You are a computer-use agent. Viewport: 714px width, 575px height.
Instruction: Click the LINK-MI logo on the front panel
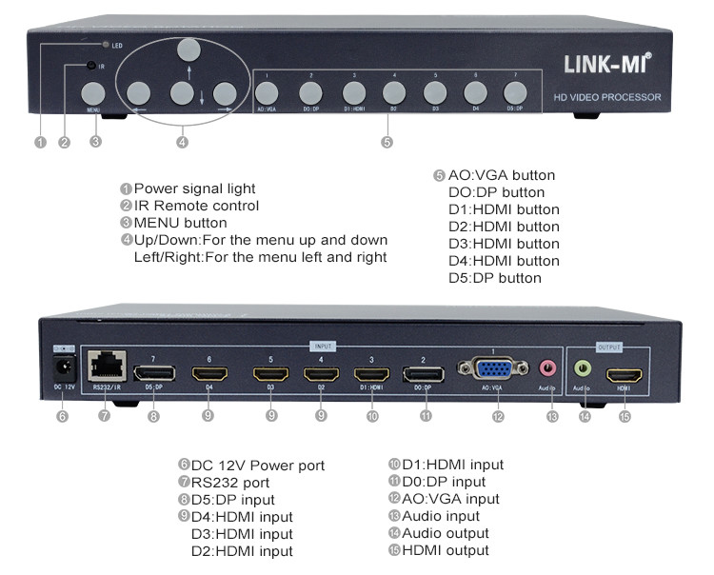pos(607,65)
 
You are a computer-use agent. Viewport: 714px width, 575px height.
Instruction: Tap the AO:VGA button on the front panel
pos(267,92)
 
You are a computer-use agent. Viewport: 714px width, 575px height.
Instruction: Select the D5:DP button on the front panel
pos(514,92)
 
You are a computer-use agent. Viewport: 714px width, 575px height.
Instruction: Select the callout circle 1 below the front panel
pos(40,143)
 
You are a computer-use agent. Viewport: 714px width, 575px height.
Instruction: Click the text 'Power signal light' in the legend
pos(194,188)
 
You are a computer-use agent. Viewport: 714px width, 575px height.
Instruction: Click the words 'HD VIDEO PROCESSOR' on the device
pos(607,98)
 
